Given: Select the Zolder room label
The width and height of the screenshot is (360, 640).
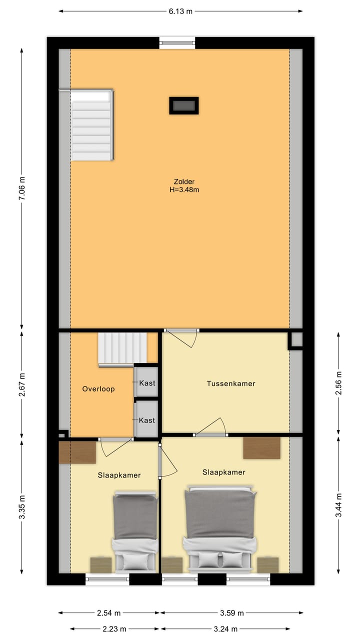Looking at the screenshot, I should pyautogui.click(x=184, y=181).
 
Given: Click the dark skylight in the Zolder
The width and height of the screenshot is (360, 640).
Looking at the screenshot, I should pyautogui.click(x=183, y=105).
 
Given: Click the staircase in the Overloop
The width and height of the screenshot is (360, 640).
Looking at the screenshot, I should pyautogui.click(x=122, y=349).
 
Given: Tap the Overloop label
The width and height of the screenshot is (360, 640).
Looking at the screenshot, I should pyautogui.click(x=98, y=388).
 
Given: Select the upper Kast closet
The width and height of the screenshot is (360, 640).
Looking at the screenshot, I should pyautogui.click(x=146, y=383).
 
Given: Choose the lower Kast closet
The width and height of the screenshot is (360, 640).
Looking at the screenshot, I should pyautogui.click(x=146, y=420).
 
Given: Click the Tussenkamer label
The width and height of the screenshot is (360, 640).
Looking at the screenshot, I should pyautogui.click(x=231, y=383).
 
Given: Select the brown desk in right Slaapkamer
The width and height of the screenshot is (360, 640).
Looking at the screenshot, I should pyautogui.click(x=261, y=448).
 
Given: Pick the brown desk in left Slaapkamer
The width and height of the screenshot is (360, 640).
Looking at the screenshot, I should pyautogui.click(x=77, y=452).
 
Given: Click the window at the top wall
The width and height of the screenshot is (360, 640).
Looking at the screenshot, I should pyautogui.click(x=177, y=43).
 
